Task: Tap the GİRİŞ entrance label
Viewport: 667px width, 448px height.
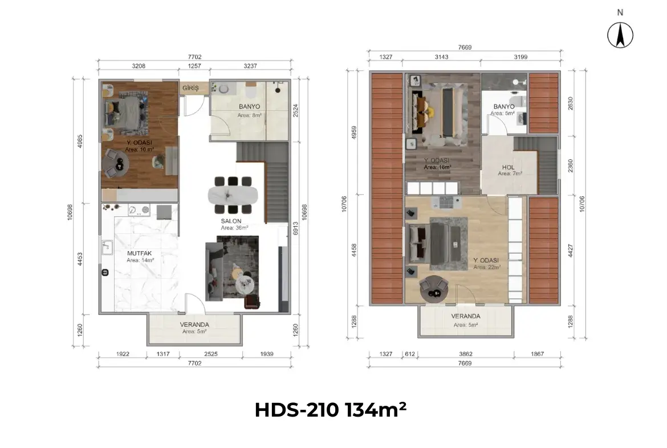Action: [x=190, y=88]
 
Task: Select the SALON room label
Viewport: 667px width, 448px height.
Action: [x=231, y=221]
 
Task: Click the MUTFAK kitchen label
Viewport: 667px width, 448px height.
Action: [x=139, y=253]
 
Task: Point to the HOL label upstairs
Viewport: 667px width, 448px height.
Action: [x=508, y=168]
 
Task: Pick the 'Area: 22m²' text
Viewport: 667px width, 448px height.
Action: [x=486, y=267]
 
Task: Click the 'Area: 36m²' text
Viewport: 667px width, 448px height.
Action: [x=235, y=228]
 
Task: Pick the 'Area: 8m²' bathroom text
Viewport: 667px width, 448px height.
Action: [x=249, y=115]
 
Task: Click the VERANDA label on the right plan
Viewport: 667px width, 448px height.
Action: [x=465, y=316]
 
